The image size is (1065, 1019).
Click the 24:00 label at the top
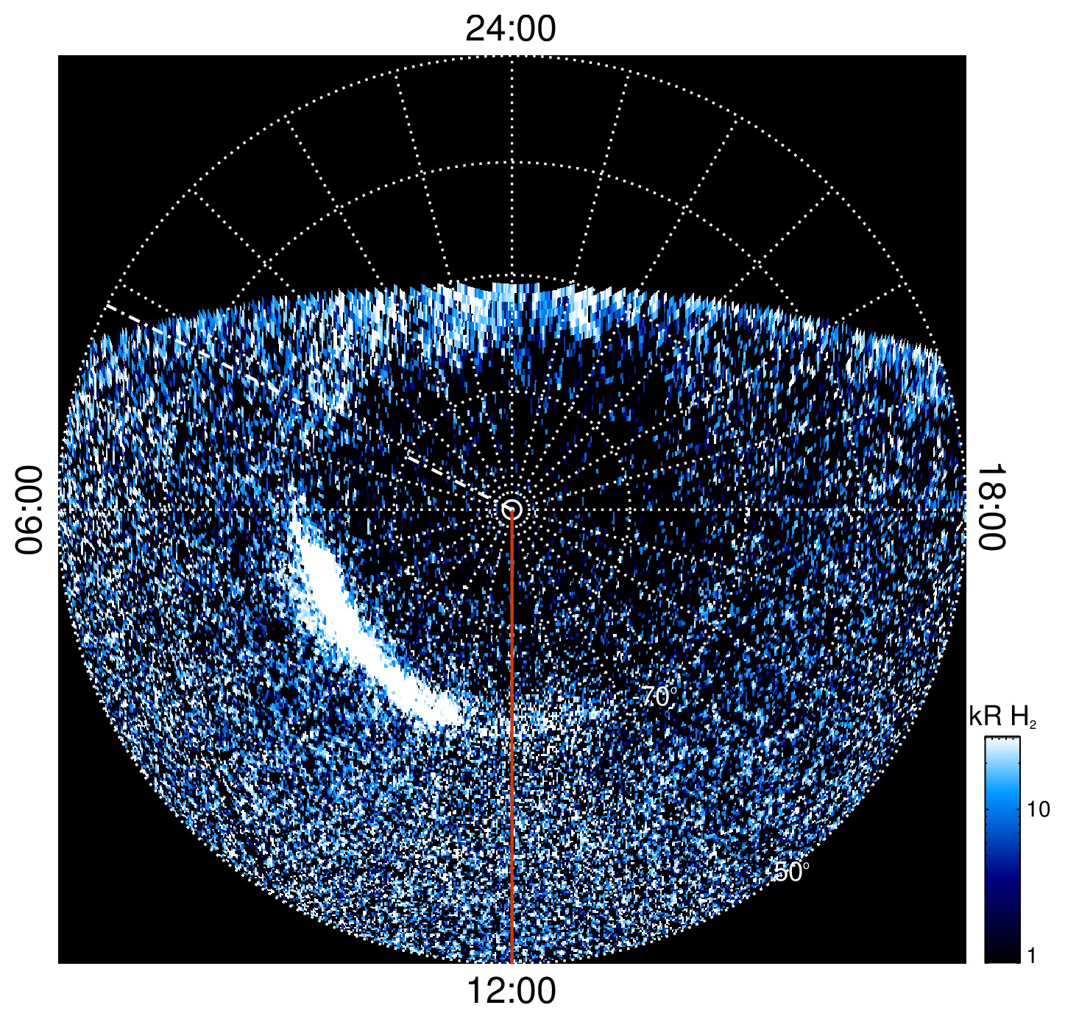[x=511, y=29]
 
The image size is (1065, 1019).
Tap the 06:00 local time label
[x=29, y=509]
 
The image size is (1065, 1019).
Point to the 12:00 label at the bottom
[x=511, y=991]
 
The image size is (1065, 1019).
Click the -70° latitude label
[x=657, y=697]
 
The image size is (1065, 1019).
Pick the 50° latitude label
[x=789, y=872]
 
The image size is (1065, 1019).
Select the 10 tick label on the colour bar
[x=1038, y=810]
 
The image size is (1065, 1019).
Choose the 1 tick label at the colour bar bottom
[x=1031, y=956]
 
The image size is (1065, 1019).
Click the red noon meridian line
[x=511, y=736]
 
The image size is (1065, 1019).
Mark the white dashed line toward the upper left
[x=294, y=398]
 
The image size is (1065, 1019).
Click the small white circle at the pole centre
[x=512, y=509]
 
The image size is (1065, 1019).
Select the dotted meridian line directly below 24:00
[x=512, y=169]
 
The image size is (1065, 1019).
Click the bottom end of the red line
[x=511, y=960]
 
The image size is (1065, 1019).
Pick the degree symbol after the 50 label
[x=806, y=866]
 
